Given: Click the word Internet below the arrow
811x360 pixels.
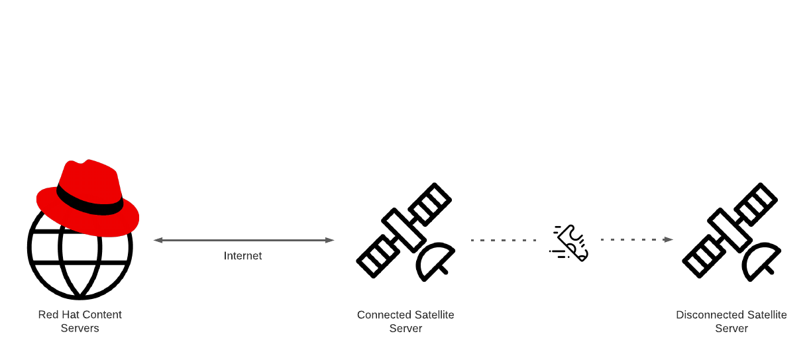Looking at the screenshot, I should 243,256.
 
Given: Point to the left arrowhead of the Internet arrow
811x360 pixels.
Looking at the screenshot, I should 158,240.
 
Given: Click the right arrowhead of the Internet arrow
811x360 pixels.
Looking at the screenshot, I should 329,240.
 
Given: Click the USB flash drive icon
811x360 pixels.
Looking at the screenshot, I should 569,243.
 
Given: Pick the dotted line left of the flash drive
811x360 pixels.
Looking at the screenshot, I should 503,240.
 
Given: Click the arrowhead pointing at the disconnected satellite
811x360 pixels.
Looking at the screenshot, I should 669,239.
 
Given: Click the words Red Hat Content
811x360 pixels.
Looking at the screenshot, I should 80,315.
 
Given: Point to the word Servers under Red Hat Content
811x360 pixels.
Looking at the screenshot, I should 80,328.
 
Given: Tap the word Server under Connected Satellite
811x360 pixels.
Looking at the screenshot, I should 405,328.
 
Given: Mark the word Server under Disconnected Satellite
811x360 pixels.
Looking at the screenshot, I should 731,328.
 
